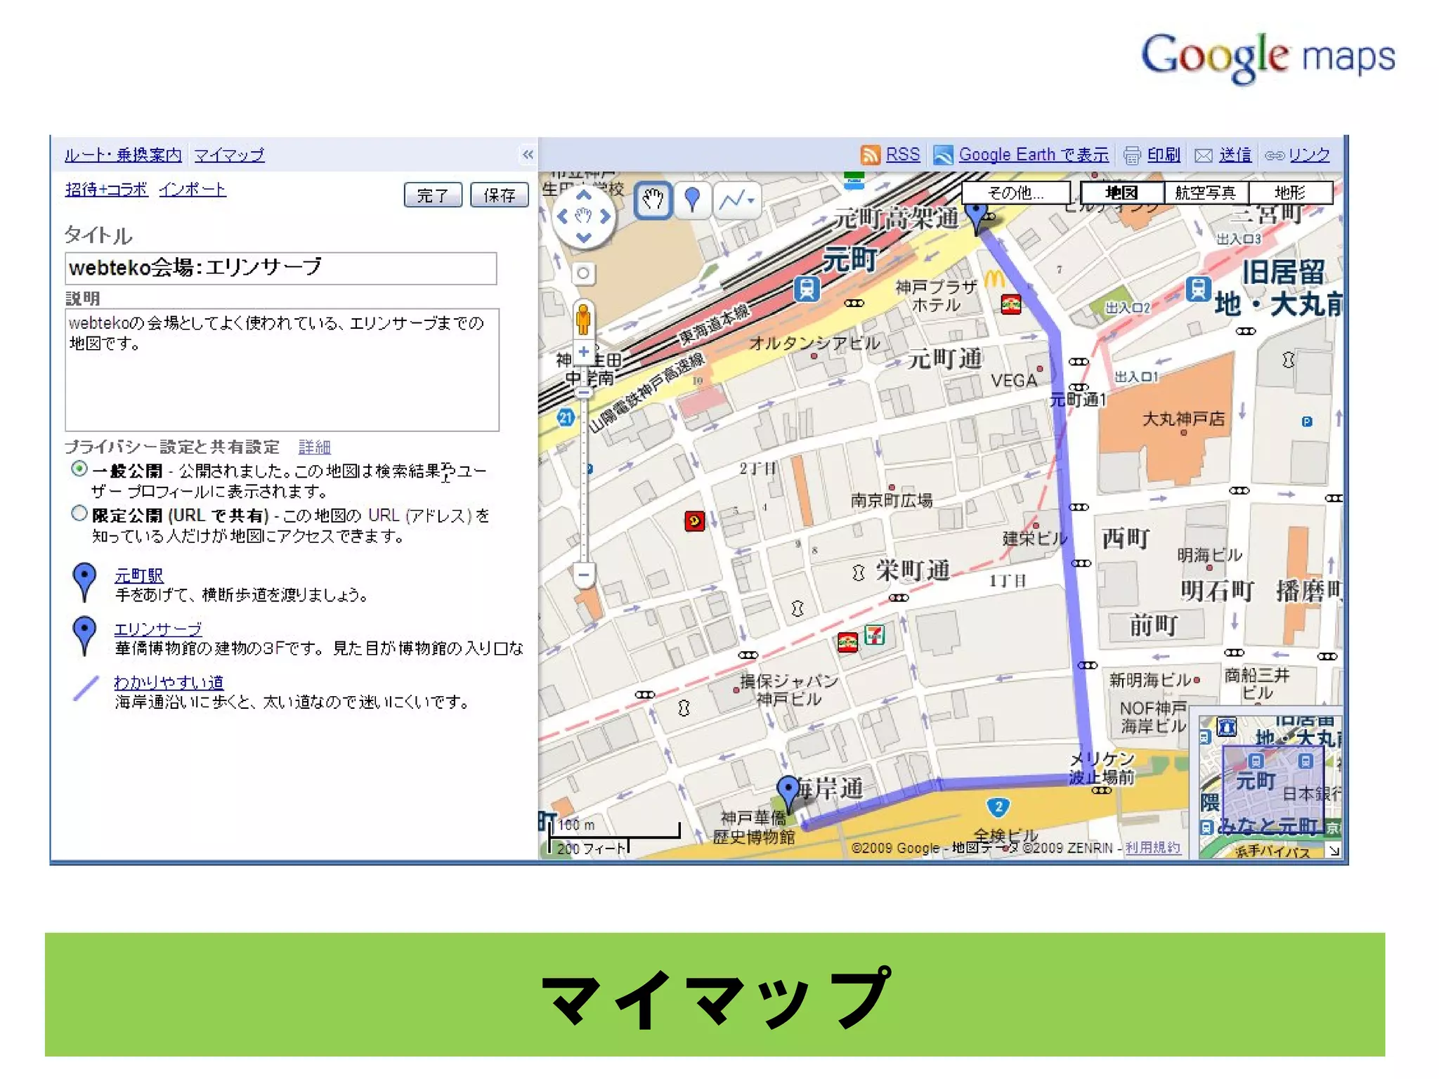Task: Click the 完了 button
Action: [x=433, y=195]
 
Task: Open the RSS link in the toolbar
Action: [x=902, y=155]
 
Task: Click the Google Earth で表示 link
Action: [x=1033, y=155]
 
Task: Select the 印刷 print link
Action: [x=1163, y=155]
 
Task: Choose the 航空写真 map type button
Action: [x=1205, y=192]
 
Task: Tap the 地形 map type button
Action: [x=1289, y=192]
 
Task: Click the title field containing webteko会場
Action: [x=280, y=268]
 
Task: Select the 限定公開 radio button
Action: [x=79, y=514]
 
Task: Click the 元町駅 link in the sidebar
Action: [x=138, y=576]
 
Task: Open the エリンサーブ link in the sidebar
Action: [x=157, y=629]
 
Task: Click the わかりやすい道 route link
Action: [x=169, y=682]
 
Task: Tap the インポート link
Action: [x=192, y=190]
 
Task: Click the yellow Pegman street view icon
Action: [x=582, y=320]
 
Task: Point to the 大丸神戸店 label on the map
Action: [x=1183, y=419]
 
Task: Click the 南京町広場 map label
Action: [x=891, y=500]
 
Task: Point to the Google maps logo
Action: [x=1268, y=57]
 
